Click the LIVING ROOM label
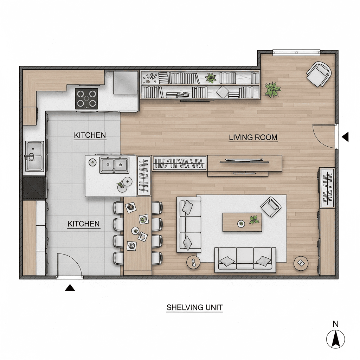coord(253,137)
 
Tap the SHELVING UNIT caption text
coord(195,307)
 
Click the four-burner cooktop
coord(86,99)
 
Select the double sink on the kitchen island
coord(114,165)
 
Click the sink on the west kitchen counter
coord(34,156)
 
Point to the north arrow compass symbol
coord(335,339)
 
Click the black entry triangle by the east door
coord(345,137)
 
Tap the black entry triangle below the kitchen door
coord(70,288)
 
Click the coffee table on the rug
coord(242,222)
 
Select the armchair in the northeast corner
coord(319,74)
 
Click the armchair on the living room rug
coord(271,207)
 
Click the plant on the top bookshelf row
coord(211,78)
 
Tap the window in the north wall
coord(296,53)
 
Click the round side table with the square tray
coord(301,263)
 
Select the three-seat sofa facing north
coord(245,260)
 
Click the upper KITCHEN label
coord(90,135)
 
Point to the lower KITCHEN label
coord(84,224)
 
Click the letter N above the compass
coord(335,324)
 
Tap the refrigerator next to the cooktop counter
coord(126,83)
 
